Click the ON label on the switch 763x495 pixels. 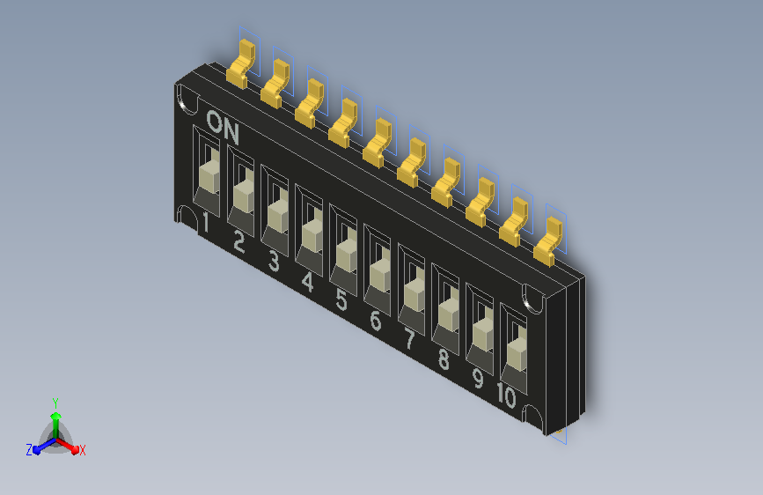click(x=223, y=128)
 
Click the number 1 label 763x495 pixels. click(x=206, y=223)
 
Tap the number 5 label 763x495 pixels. click(x=341, y=300)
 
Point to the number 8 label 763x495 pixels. click(x=444, y=359)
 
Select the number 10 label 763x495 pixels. click(x=507, y=395)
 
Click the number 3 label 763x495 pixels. click(x=274, y=261)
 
